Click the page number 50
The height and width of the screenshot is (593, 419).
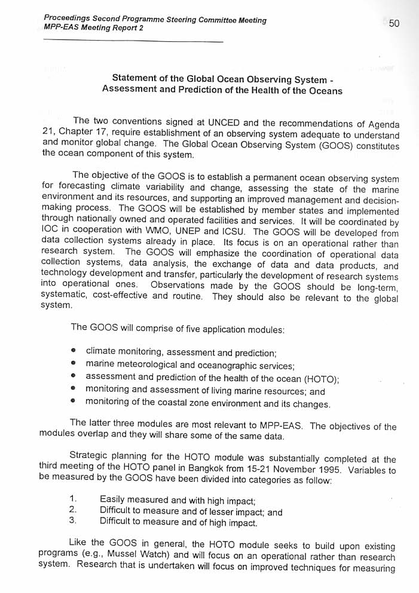coord(394,24)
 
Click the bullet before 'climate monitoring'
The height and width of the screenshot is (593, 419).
coord(73,351)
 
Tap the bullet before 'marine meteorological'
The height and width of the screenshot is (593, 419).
coord(73,364)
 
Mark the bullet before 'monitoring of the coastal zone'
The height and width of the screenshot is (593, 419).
coord(73,403)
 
